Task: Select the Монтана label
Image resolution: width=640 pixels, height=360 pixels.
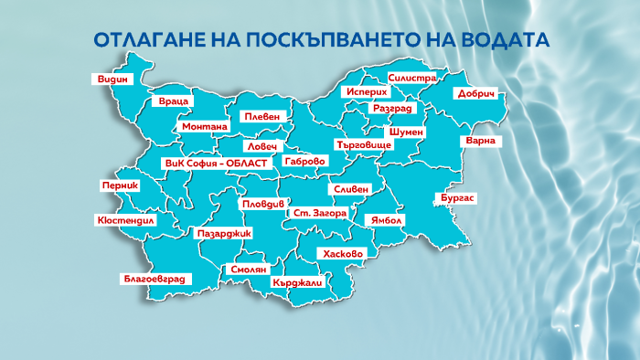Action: click(x=205, y=127)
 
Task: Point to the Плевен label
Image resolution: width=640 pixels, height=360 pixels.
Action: click(x=262, y=117)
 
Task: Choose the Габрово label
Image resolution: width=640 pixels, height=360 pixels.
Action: click(x=305, y=161)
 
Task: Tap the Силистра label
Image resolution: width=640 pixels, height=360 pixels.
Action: click(x=412, y=79)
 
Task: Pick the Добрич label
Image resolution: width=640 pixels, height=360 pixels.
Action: click(x=476, y=94)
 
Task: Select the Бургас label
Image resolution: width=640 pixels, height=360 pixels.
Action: click(x=459, y=197)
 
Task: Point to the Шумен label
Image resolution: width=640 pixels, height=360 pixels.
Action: click(x=406, y=132)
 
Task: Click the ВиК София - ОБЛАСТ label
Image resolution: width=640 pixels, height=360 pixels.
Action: click(x=216, y=163)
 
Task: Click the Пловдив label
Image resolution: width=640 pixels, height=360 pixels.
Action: click(x=263, y=206)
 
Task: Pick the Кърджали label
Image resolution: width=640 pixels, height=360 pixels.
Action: click(x=298, y=283)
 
